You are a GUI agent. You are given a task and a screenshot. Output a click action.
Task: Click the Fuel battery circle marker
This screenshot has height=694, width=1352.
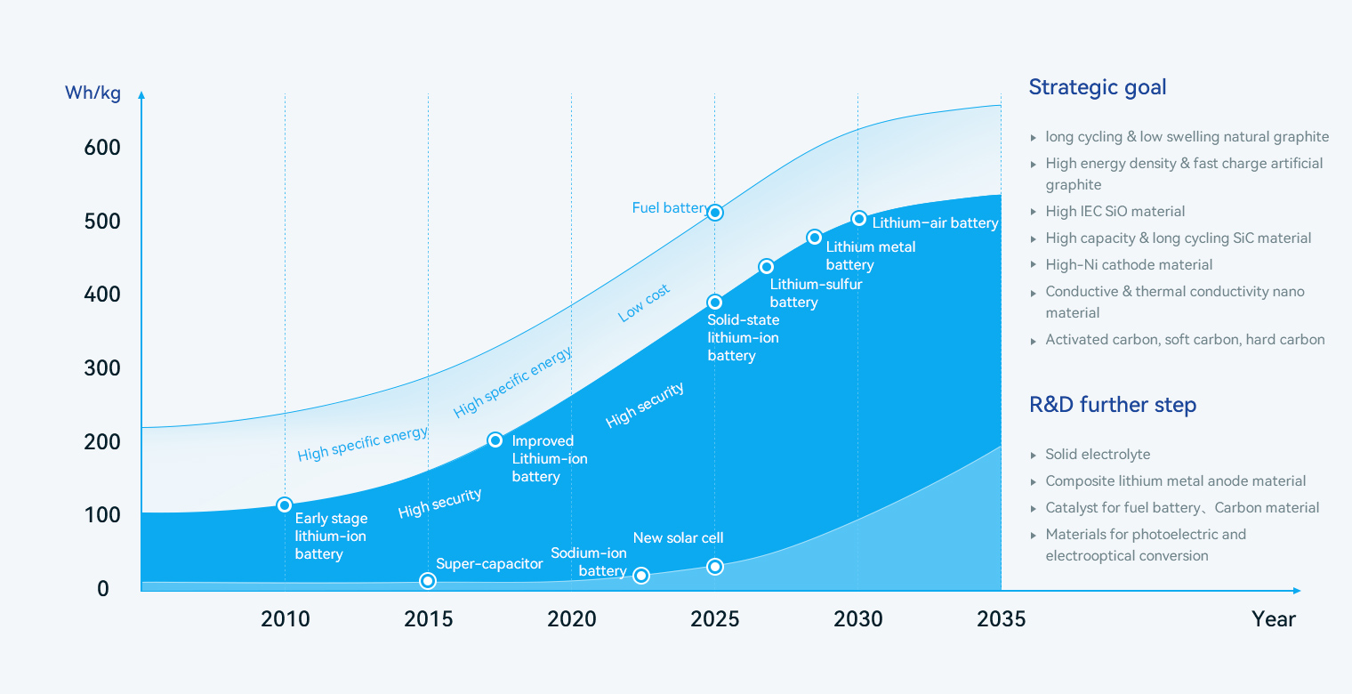click(714, 213)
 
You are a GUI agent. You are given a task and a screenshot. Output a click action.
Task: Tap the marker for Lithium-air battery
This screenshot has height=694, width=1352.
click(858, 219)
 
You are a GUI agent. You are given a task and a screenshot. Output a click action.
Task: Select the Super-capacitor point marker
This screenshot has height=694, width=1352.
click(428, 581)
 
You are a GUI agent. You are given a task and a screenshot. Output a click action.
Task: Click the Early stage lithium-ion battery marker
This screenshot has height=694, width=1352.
click(285, 505)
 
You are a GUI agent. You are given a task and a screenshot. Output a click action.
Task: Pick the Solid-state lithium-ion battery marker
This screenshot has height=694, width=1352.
click(714, 303)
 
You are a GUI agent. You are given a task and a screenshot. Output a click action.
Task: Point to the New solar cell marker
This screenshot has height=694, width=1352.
click(714, 567)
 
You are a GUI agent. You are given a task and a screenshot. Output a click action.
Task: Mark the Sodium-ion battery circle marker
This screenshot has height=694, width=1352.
click(640, 576)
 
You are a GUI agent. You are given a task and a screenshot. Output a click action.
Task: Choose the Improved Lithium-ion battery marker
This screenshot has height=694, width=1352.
click(495, 440)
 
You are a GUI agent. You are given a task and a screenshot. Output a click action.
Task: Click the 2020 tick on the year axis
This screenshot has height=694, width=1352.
click(572, 618)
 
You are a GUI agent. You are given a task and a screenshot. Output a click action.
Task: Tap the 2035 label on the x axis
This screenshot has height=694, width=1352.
click(1001, 618)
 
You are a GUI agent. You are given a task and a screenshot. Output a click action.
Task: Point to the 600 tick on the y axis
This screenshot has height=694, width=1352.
click(102, 148)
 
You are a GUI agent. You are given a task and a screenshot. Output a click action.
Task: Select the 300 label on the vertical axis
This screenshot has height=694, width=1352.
click(102, 368)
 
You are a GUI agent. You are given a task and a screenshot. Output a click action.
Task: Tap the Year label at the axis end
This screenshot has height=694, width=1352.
click(1274, 618)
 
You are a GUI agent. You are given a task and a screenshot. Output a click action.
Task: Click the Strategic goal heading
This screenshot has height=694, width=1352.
click(1098, 87)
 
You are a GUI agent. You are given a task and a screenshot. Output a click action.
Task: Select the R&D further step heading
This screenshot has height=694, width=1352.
click(1113, 405)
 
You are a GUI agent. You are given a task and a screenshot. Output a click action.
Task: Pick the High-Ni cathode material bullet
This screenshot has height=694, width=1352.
click(1129, 265)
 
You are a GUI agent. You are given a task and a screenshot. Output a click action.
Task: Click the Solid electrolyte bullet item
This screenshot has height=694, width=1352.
click(1098, 455)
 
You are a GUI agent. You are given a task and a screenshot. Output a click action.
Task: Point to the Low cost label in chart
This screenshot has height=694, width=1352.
click(644, 303)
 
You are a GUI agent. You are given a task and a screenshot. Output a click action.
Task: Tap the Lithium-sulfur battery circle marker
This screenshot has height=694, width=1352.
click(766, 267)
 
